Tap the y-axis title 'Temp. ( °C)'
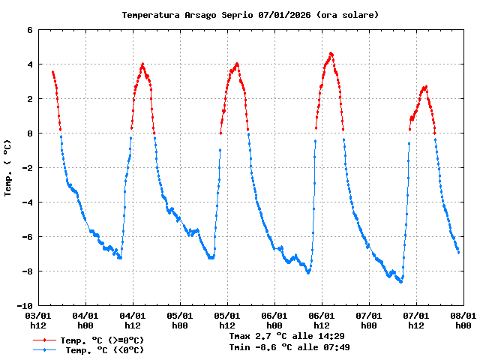(x=8, y=168)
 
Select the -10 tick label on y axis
(x=25, y=306)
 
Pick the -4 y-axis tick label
(x=27, y=202)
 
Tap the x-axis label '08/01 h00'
(x=462, y=321)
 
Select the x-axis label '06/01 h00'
(x=274, y=321)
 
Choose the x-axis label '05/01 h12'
(x=227, y=321)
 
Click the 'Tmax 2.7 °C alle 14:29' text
(x=286, y=337)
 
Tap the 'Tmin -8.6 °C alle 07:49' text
(x=289, y=347)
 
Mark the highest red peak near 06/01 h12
(x=331, y=53)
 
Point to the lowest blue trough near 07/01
(x=401, y=282)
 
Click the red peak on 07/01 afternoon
(x=426, y=86)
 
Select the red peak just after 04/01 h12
(x=142, y=64)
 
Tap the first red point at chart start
(x=52, y=72)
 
